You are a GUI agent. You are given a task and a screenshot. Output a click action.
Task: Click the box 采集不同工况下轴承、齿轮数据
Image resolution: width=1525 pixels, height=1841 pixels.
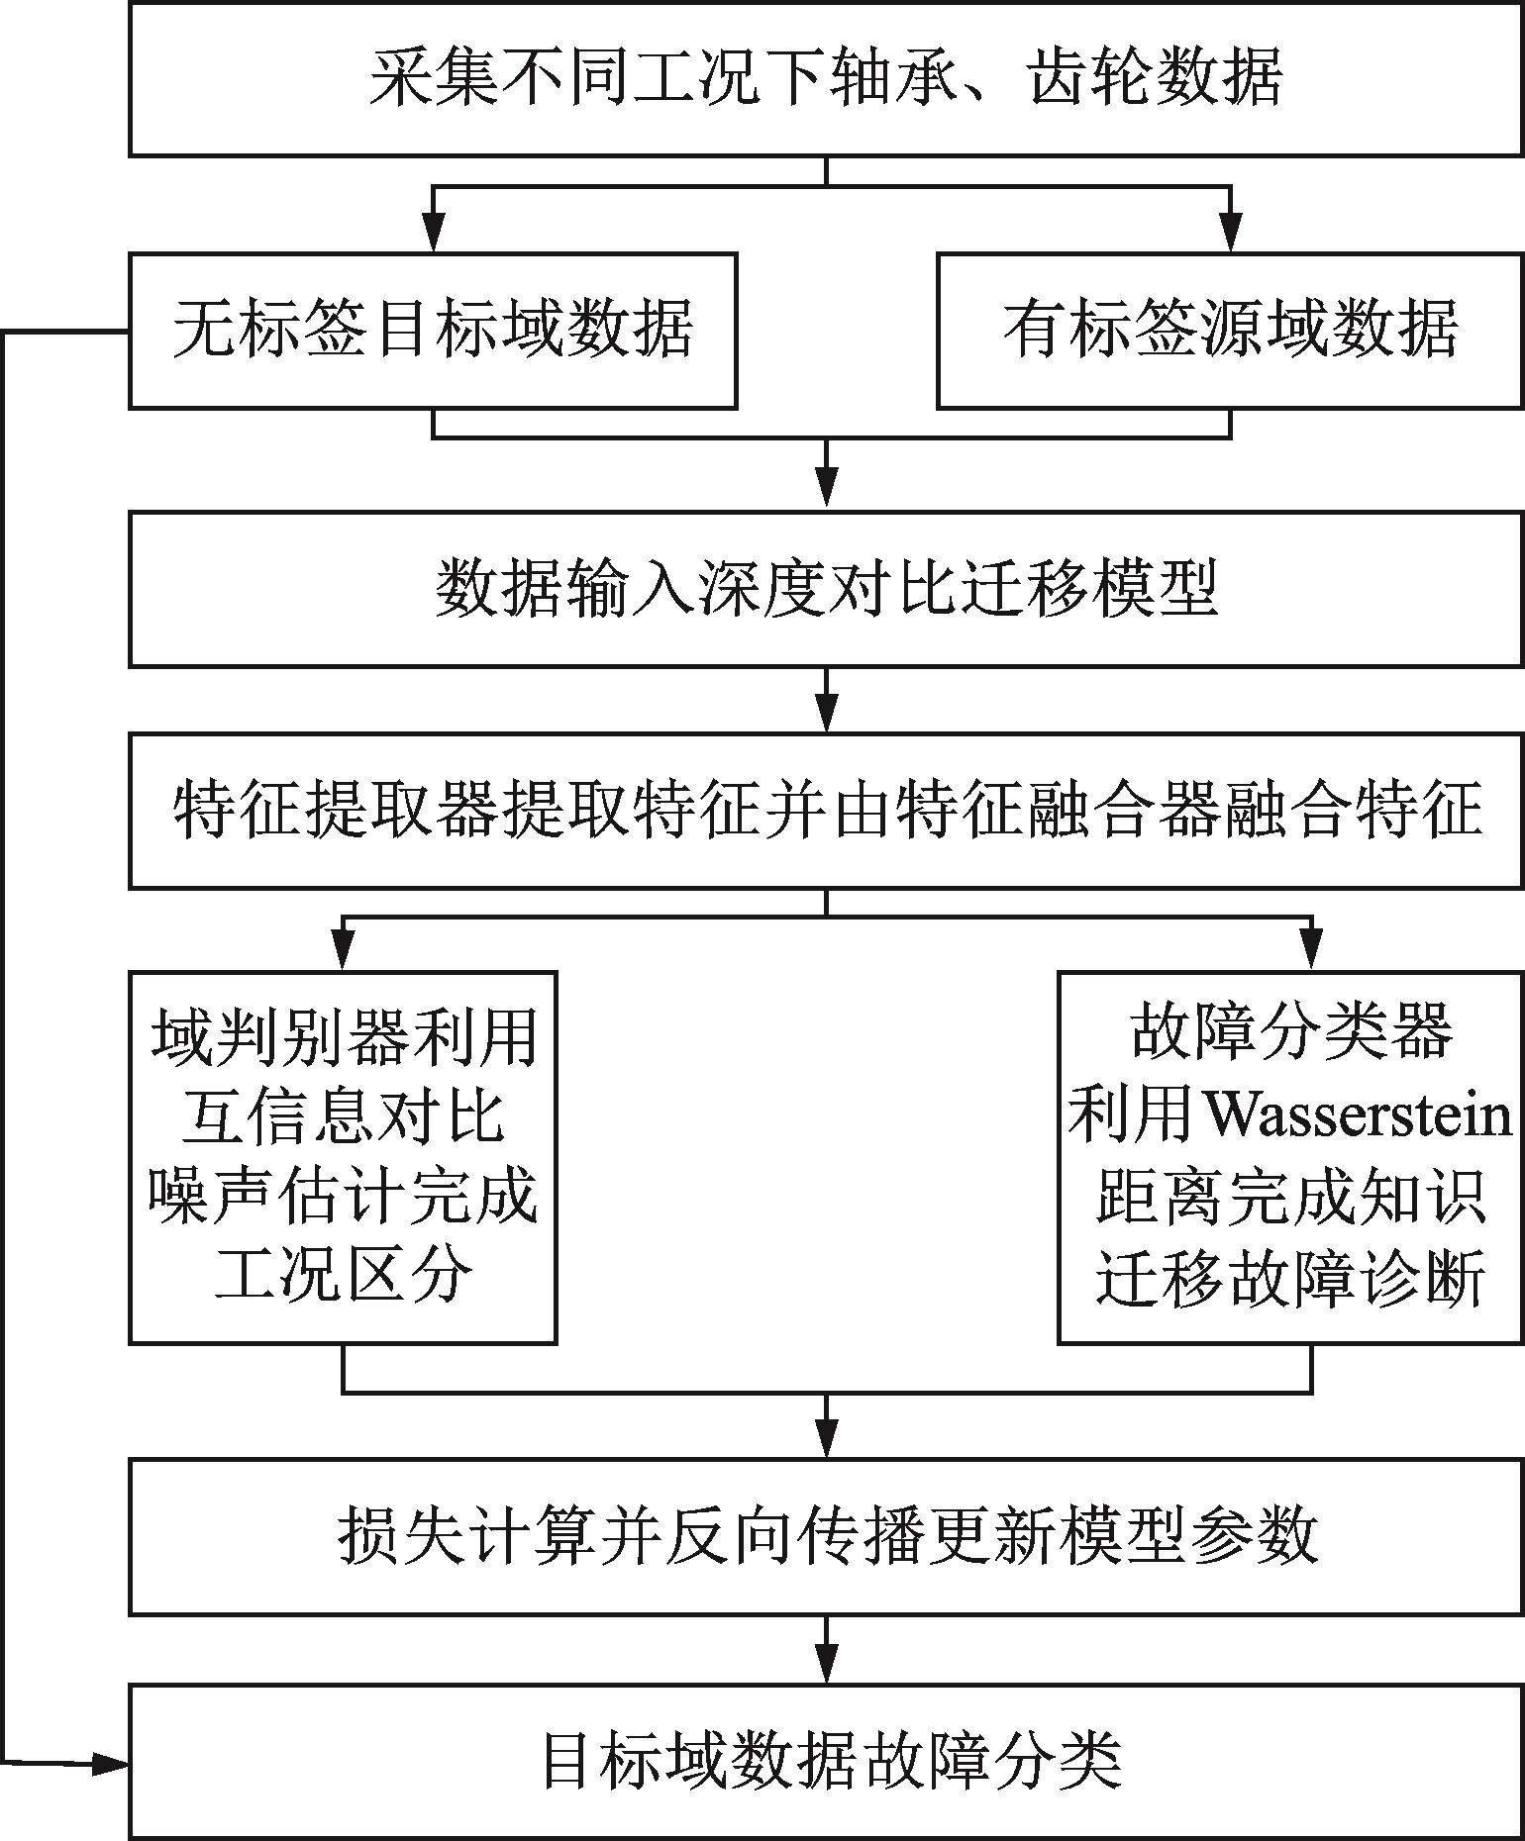click(x=826, y=78)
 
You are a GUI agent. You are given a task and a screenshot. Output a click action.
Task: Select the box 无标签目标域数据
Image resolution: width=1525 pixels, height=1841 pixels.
click(x=433, y=331)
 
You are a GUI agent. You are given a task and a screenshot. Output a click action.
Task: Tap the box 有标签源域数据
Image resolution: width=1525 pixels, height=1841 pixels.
click(x=1230, y=331)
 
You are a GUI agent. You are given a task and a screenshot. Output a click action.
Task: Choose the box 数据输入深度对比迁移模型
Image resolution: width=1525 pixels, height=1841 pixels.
click(x=826, y=589)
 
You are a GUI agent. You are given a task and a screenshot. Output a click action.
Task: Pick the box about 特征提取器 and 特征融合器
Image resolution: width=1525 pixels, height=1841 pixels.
click(x=826, y=811)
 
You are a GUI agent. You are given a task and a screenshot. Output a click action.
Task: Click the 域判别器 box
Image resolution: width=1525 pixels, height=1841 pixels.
click(x=343, y=1157)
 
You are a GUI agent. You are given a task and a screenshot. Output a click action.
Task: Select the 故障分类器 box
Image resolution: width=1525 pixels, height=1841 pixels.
click(x=1290, y=1157)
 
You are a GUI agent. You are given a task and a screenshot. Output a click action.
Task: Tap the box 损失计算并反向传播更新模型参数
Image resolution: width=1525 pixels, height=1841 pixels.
click(x=826, y=1536)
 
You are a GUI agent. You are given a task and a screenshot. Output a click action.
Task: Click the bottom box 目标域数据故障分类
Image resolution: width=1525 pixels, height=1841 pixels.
click(x=826, y=1761)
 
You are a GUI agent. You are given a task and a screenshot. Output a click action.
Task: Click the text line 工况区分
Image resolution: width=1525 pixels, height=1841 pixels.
click(x=343, y=1277)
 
